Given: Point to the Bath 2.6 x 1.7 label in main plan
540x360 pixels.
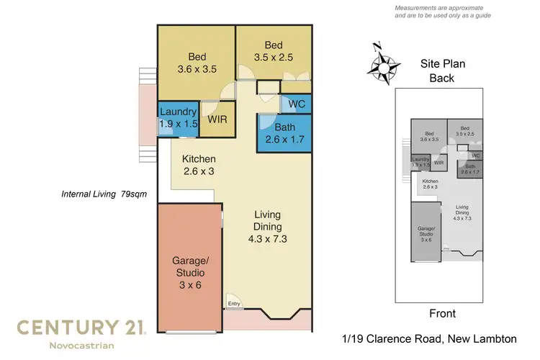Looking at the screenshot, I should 284,134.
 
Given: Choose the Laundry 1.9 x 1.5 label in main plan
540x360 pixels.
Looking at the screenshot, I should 177,118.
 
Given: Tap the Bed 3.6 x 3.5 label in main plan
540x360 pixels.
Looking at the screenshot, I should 198,63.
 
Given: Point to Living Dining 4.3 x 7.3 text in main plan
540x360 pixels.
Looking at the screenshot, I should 266,227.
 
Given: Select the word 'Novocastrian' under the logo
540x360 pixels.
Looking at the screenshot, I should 81,347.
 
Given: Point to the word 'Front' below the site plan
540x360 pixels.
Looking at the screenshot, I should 442,313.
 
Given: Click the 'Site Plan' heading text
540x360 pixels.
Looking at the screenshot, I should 443,64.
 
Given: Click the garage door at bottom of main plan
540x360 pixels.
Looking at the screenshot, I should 189,331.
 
